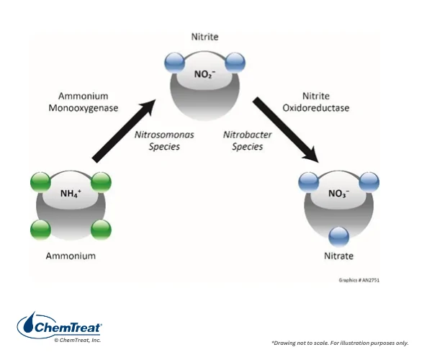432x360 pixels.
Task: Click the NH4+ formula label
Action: [x=71, y=194]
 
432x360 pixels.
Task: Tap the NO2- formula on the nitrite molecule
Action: [x=204, y=74]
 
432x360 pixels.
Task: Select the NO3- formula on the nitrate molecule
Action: [x=338, y=194]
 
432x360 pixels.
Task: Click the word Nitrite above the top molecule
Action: [x=204, y=37]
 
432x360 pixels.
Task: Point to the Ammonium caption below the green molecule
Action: [x=71, y=256]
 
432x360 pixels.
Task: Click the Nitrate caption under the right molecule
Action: [x=338, y=256]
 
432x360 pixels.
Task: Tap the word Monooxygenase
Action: [x=84, y=108]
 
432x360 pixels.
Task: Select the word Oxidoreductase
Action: [x=316, y=108]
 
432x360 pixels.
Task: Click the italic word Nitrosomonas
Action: [x=164, y=135]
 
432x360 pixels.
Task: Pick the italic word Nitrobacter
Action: [x=248, y=135]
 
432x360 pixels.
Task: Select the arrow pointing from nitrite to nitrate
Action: [x=287, y=130]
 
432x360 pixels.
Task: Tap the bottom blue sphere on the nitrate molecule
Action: [x=339, y=237]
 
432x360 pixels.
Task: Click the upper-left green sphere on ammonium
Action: [x=40, y=182]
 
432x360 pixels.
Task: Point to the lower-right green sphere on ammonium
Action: [x=101, y=230]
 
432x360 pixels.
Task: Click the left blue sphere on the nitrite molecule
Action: [x=175, y=63]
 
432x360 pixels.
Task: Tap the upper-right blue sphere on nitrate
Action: [x=369, y=182]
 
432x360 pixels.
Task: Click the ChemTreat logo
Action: [x=60, y=327]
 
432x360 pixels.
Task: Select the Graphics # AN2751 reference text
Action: [x=359, y=280]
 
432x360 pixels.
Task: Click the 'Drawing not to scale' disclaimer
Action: [x=340, y=343]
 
